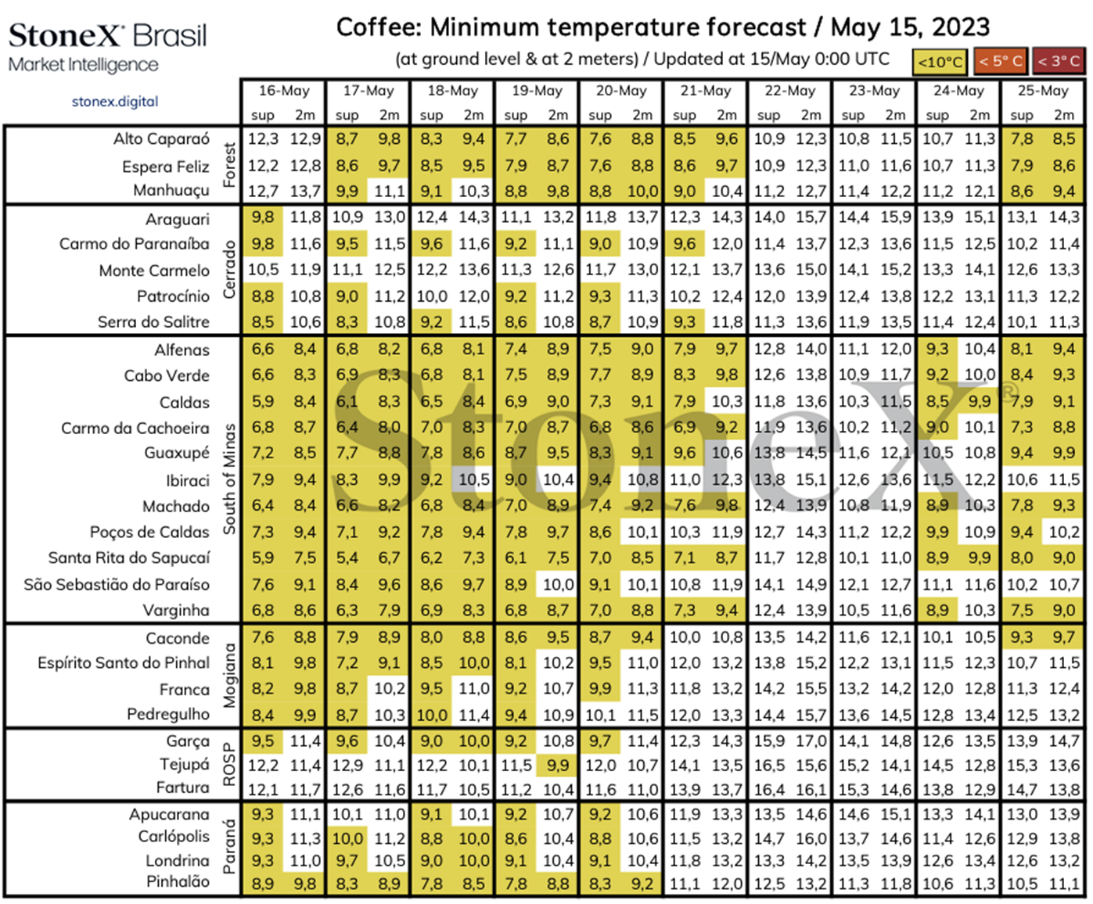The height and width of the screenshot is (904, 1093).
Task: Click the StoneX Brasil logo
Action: (x=108, y=47)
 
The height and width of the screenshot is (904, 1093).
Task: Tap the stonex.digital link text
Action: (x=115, y=102)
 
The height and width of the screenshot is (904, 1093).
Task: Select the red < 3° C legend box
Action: (x=1059, y=61)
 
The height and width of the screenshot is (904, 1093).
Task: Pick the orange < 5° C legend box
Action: (x=1001, y=61)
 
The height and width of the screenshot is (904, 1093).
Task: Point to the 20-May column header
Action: (x=621, y=91)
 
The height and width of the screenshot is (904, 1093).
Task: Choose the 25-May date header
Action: (x=1043, y=91)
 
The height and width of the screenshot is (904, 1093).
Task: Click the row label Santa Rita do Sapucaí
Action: (x=129, y=558)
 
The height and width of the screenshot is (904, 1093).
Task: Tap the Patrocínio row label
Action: (x=173, y=296)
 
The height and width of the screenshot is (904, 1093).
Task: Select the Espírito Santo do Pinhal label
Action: (x=124, y=663)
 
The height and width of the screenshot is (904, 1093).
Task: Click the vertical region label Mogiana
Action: (x=229, y=676)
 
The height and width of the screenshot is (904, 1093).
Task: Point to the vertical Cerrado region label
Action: (x=229, y=270)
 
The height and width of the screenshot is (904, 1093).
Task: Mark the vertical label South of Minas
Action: (x=229, y=479)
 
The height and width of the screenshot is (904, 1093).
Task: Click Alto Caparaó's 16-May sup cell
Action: (x=263, y=139)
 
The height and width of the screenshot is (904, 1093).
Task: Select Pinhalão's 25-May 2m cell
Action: (x=1064, y=884)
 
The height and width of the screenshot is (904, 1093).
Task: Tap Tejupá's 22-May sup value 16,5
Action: (x=768, y=766)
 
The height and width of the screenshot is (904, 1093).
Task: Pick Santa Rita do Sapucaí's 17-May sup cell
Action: (x=347, y=558)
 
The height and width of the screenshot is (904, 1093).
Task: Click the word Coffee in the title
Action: (x=379, y=27)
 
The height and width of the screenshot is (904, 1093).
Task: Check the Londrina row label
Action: (x=178, y=860)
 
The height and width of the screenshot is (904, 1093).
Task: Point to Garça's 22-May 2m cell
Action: (x=811, y=741)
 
